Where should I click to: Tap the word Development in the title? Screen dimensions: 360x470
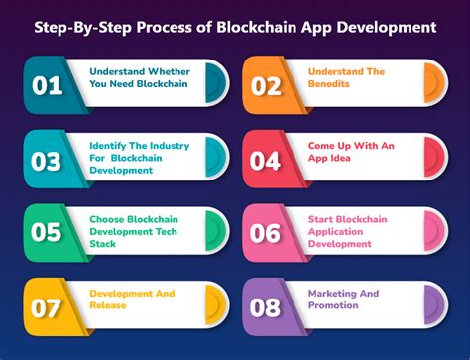coord(387,25)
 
